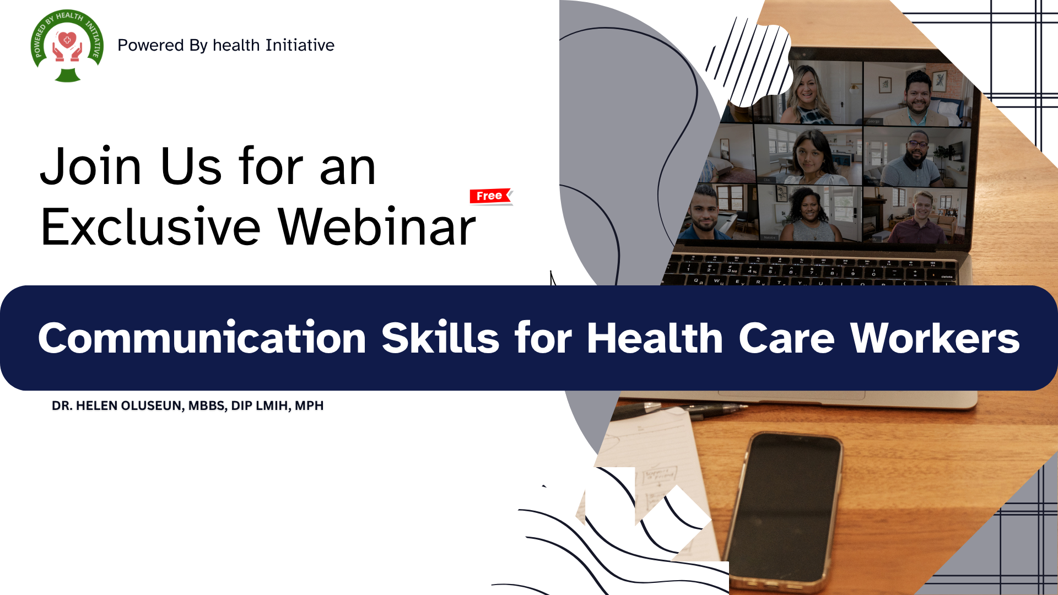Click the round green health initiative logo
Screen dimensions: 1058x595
pos(67,46)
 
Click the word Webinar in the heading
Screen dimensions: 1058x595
pos(377,226)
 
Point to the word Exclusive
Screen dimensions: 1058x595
pos(150,226)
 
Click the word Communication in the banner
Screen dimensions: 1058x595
pos(202,338)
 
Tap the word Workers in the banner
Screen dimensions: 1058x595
pos(935,338)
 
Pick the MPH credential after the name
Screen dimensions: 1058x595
pos(309,405)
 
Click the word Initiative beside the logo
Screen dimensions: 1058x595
pos(300,45)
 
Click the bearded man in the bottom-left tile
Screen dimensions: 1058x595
pos(704,213)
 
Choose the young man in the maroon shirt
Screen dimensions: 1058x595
pos(918,218)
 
